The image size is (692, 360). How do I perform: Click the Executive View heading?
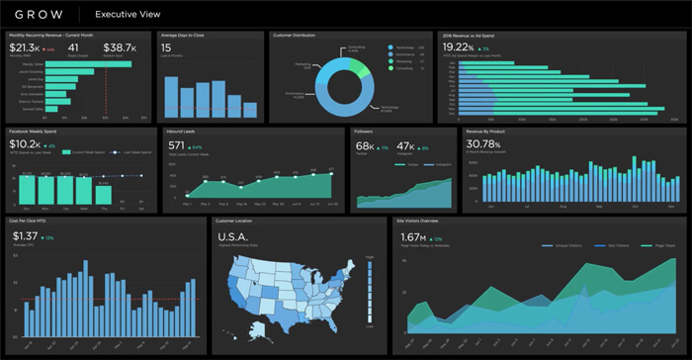tap(128, 14)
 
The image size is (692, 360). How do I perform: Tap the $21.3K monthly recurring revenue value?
tap(24, 46)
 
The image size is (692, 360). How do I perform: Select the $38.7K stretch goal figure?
tap(121, 46)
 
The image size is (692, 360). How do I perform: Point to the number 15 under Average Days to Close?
tap(166, 46)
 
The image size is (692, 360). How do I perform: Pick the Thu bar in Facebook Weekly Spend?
tap(103, 190)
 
